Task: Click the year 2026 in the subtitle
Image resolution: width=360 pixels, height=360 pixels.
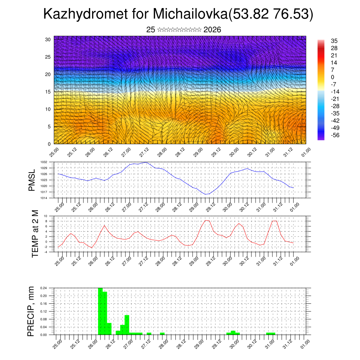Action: pyautogui.click(x=212, y=30)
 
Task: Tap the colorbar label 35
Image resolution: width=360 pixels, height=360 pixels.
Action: pyautogui.click(x=334, y=41)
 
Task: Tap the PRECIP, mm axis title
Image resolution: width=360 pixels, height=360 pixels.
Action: pyautogui.click(x=32, y=311)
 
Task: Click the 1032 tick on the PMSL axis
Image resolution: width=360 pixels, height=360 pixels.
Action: pyautogui.click(x=44, y=162)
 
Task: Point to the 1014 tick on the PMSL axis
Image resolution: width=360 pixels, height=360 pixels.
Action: pyautogui.click(x=44, y=198)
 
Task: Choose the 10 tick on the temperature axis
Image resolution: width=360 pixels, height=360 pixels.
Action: pyautogui.click(x=45, y=216)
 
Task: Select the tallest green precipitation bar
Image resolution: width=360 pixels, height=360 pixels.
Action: pyautogui.click(x=100, y=311)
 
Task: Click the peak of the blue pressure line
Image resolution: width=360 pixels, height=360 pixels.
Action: pyautogui.click(x=146, y=162)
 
